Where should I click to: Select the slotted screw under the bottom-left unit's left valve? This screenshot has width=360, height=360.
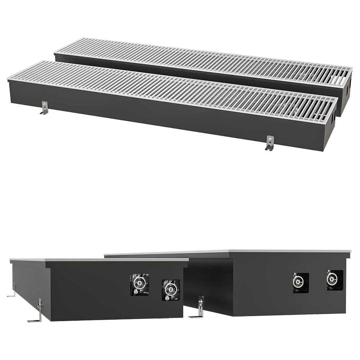click(x=138, y=293)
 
